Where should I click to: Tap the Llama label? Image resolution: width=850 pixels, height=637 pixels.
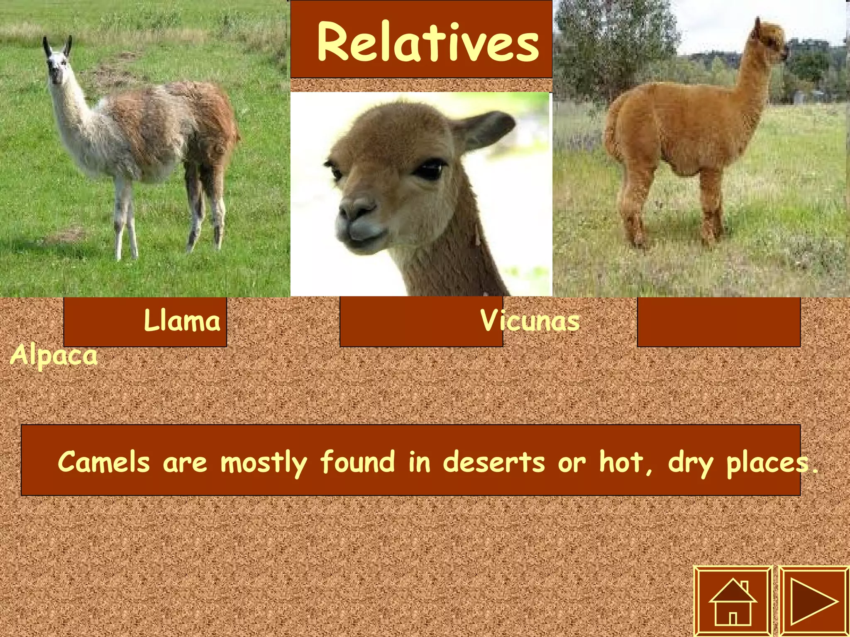click(182, 321)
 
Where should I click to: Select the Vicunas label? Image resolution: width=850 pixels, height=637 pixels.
click(530, 321)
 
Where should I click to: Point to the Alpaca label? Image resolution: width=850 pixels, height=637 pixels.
click(54, 356)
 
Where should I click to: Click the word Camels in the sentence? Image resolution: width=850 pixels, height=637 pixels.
click(104, 462)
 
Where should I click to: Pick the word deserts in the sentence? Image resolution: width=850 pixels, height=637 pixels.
click(494, 462)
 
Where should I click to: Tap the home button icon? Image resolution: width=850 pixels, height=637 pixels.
click(733, 601)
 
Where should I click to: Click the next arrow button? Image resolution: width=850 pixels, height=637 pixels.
click(813, 601)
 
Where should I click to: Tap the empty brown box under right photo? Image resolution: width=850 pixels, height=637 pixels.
click(718, 322)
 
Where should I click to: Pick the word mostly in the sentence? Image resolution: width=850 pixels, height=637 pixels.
click(264, 463)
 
